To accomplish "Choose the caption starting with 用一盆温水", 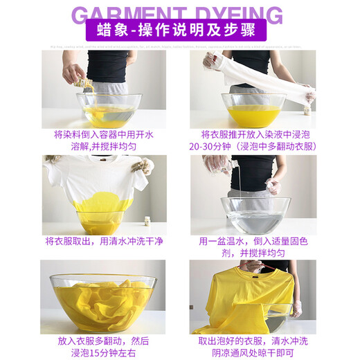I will point(253,247).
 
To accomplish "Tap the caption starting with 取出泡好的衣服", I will point(253,347).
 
